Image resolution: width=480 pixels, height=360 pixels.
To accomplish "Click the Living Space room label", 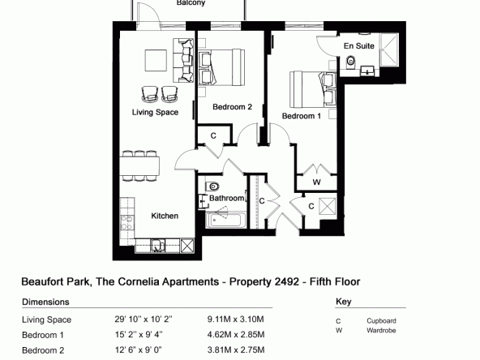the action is (155, 113).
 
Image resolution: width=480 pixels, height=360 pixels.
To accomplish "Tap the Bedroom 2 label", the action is (233, 107).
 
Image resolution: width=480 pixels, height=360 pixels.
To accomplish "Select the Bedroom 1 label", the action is (302, 116).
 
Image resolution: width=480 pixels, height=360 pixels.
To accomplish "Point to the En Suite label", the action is (358, 46).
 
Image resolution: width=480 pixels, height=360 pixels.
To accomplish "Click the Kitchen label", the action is (165, 216).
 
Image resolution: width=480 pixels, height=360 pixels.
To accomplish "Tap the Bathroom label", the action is (226, 198).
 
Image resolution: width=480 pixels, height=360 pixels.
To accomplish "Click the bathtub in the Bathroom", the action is (225, 220).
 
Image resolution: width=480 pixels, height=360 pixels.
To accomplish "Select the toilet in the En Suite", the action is (351, 62).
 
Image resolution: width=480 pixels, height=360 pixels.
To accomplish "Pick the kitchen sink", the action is (158, 246).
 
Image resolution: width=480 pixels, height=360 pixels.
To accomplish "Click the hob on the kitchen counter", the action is (126, 222).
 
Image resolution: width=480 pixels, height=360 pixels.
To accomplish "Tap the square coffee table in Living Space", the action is (156, 60).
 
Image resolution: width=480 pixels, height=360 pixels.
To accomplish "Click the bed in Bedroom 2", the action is (221, 67).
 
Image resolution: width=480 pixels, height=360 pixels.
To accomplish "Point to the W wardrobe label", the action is (317, 182).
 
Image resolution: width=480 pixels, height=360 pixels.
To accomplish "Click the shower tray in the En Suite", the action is (388, 49).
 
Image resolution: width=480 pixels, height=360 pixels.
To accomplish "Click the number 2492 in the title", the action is (286, 281).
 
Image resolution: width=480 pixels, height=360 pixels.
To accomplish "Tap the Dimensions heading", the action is (45, 302).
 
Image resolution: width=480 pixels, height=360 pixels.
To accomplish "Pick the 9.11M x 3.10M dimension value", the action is (235, 319).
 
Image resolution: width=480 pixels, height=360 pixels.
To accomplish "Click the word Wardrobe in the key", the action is (381, 331).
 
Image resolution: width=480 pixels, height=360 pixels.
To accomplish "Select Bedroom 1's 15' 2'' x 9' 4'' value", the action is (139, 335).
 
